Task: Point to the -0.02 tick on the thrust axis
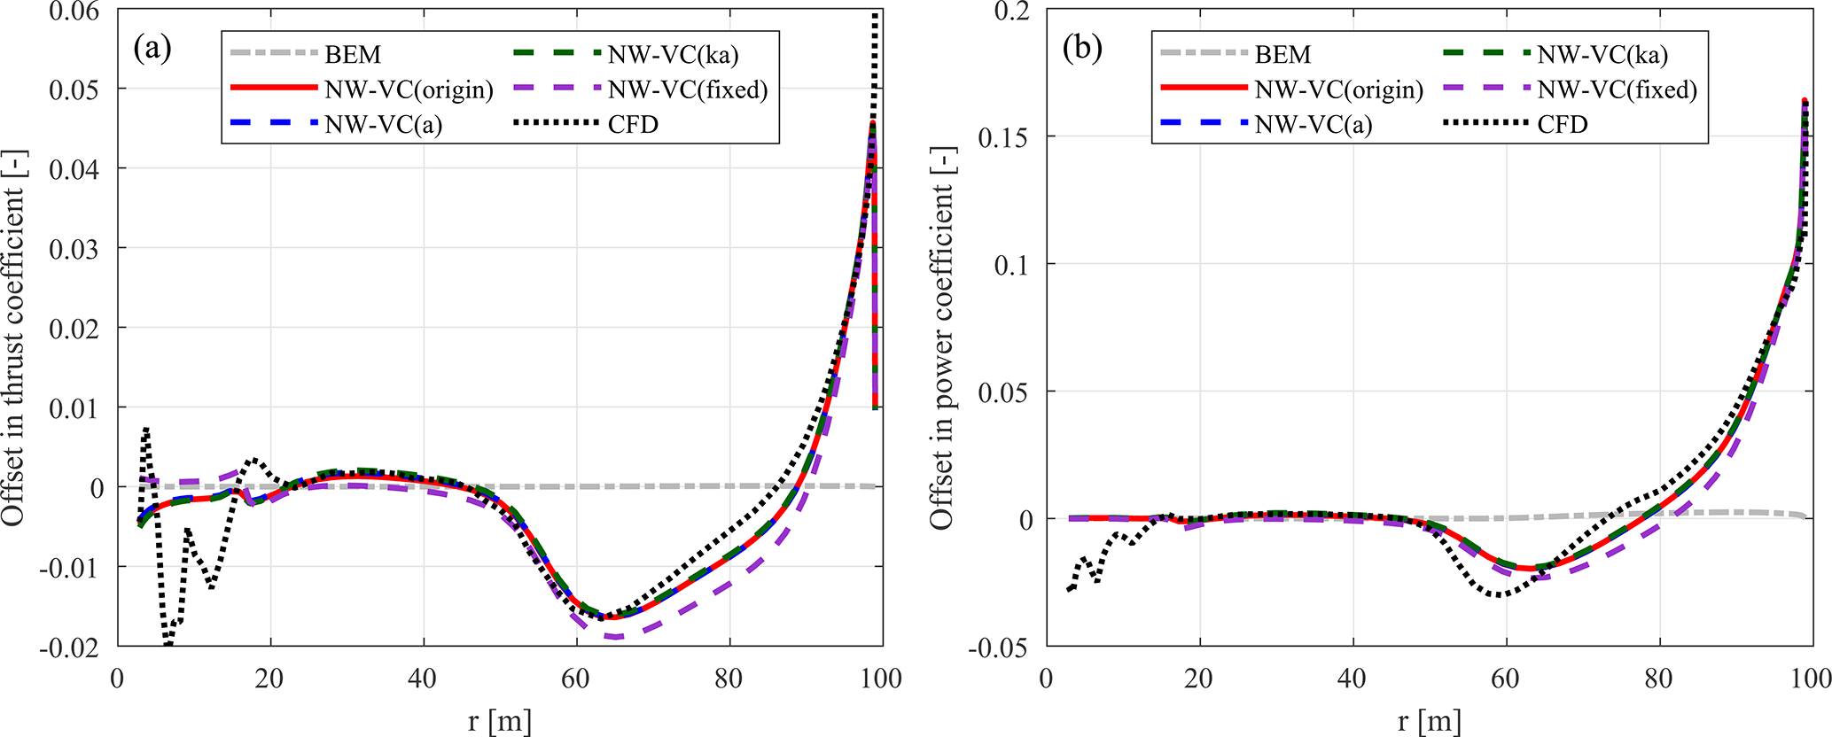71,646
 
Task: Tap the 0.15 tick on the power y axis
1006,137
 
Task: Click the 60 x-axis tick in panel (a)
576,679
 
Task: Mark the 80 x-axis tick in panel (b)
1658,679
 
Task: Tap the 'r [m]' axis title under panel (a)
500,720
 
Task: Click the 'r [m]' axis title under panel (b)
1429,720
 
